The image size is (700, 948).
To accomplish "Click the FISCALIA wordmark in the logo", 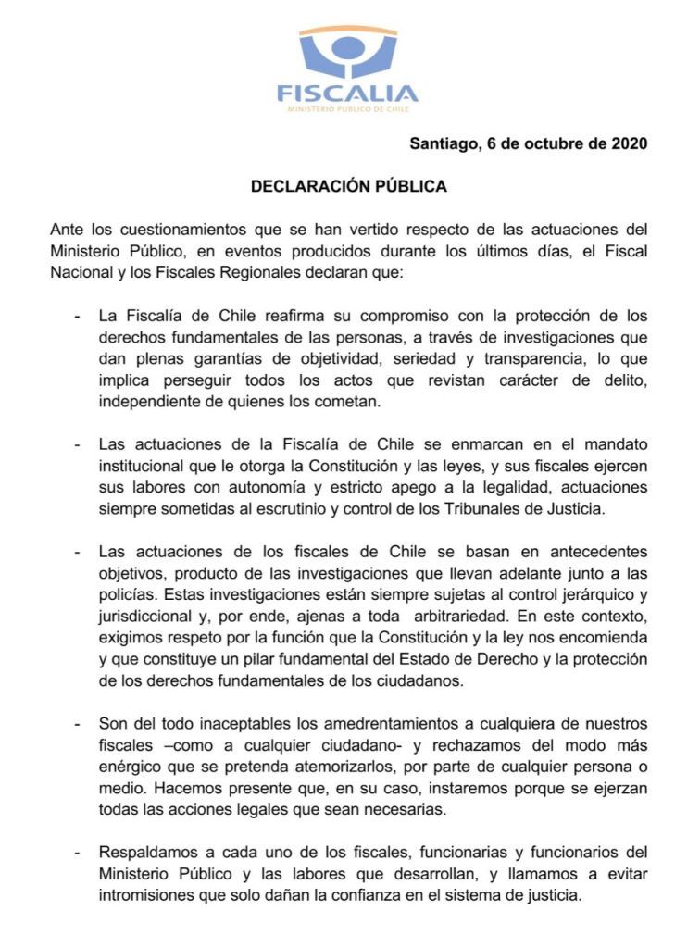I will tap(348, 94).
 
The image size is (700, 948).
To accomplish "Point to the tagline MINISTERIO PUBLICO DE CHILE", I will tap(348, 110).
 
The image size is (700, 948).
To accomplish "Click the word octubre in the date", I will tap(550, 143).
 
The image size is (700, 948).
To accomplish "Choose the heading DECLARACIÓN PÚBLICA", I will tap(349, 186).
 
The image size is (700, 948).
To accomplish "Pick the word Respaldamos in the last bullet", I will tap(148, 851).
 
